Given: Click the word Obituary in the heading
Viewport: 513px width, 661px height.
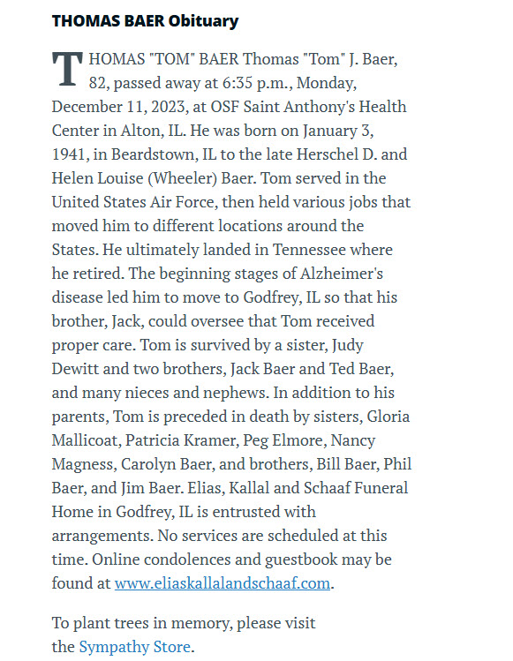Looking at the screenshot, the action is [200, 21].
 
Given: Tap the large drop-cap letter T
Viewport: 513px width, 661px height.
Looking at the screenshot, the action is [67, 70].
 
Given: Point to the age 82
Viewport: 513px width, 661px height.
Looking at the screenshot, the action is [101, 84].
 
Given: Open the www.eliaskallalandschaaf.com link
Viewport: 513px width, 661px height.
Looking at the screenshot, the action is [223, 583].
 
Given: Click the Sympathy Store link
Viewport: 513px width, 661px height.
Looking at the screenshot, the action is [134, 647].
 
